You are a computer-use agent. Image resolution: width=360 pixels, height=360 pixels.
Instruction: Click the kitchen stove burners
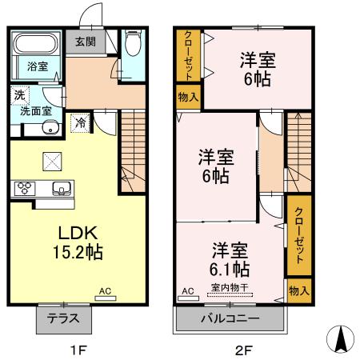click(23, 189)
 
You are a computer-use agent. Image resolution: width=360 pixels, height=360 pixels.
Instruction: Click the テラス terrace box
click(63, 318)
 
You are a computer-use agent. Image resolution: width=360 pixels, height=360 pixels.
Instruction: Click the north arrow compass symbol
click(342, 342)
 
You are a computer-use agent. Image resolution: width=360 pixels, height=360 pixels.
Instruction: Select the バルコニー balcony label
click(229, 318)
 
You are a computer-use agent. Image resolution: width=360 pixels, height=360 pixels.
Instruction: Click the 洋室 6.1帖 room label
click(230, 258)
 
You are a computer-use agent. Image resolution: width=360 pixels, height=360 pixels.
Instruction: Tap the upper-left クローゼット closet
click(188, 55)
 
